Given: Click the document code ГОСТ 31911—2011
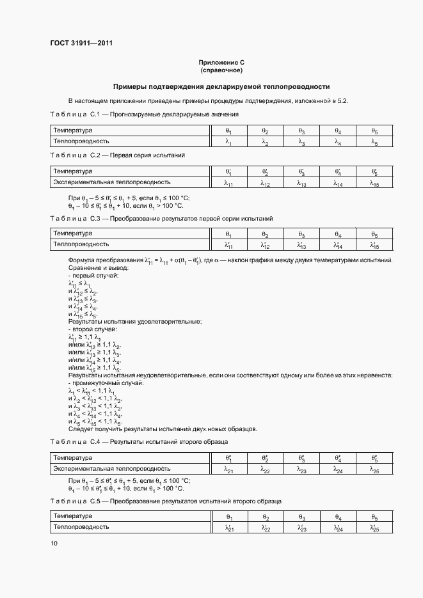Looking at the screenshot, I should coord(81,43).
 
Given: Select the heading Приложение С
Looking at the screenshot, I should coord(221,63).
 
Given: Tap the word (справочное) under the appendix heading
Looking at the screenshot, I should coord(221,70).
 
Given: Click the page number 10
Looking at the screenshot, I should coord(54,543).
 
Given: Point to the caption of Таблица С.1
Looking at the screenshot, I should coord(144,114).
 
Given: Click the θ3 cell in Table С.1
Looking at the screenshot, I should coord(301,130).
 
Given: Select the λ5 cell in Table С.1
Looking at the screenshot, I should coord(374,142).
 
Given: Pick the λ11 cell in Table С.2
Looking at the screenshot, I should coord(228,183).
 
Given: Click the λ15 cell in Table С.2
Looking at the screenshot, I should coord(374,183).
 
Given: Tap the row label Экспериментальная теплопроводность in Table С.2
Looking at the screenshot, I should coord(111,182).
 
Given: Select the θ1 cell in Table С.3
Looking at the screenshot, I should coord(228,234).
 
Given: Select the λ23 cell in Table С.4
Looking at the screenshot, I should coord(301,469).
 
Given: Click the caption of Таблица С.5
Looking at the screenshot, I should coord(165,501).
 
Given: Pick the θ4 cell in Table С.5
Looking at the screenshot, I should coord(337,517).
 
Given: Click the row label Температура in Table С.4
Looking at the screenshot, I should coord(72,457).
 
